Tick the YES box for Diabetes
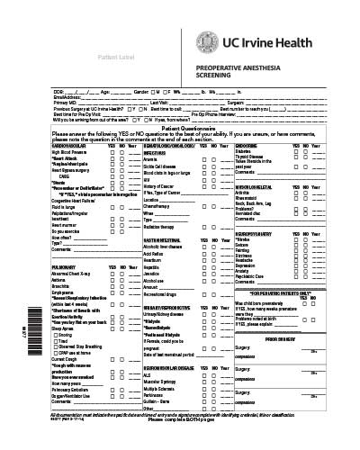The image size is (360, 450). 293,152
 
